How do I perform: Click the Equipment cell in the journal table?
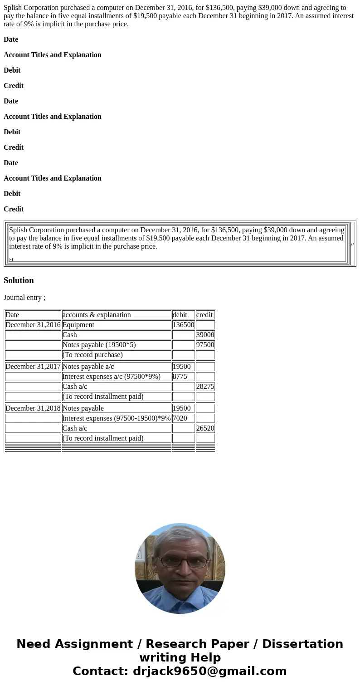point(78,325)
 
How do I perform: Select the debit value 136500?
point(183,325)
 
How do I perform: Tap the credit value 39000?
point(205,335)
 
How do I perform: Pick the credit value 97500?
point(205,345)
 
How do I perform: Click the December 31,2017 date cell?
point(33,367)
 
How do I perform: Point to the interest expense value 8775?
point(180,377)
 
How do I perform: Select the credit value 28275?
point(205,387)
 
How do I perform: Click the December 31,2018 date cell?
point(33,408)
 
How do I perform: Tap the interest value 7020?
point(180,418)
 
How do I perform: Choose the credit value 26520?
point(205,428)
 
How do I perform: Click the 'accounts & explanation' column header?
point(96,315)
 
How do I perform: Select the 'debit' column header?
point(180,315)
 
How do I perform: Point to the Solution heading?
point(19,280)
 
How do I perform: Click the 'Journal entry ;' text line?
point(24,298)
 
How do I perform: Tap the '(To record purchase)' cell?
point(92,355)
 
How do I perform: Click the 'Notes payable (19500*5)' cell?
point(99,345)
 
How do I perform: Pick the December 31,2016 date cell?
point(33,325)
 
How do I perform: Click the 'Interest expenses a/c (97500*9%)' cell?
point(111,377)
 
